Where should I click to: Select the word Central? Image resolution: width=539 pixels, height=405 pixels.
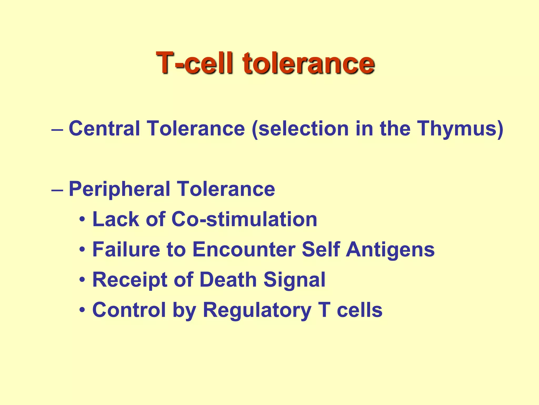104,128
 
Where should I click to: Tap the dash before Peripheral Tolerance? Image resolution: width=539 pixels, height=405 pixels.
57,190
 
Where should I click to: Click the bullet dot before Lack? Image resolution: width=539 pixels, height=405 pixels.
82,220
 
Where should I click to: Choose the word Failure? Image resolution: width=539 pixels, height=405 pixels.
126,249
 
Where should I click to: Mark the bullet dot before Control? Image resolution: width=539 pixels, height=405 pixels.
82,310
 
